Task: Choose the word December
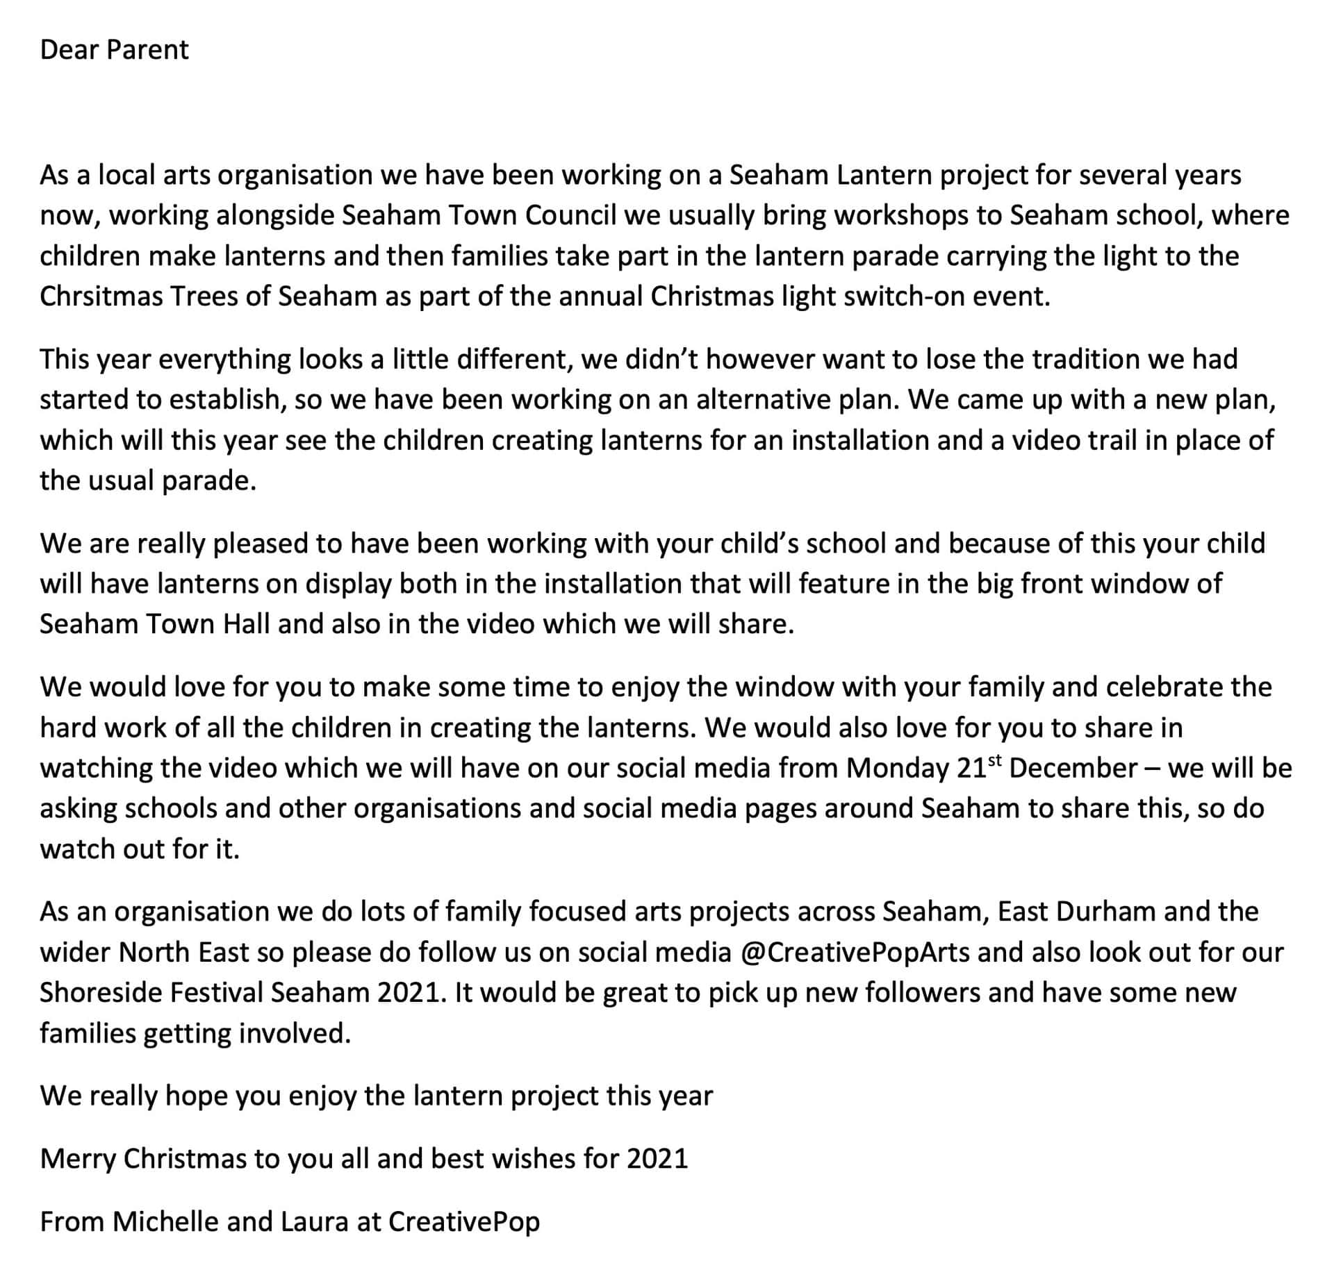[x=1073, y=768]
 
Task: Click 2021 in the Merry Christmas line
[x=657, y=1158]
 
